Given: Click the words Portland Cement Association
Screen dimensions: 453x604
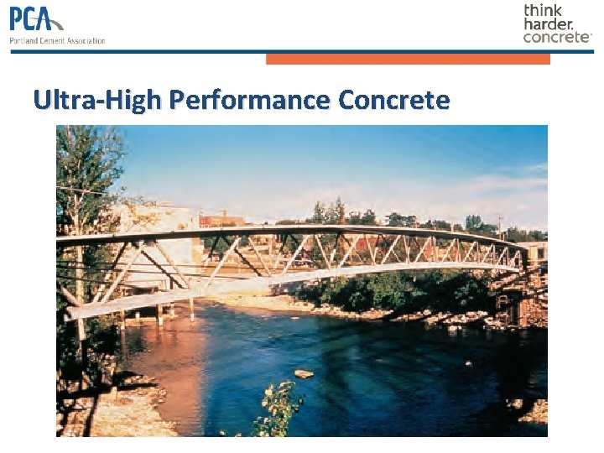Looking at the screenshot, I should click(57, 40).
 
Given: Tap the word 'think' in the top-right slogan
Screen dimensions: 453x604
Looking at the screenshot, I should click(543, 10).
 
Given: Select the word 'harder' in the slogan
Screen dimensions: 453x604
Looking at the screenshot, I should click(548, 23).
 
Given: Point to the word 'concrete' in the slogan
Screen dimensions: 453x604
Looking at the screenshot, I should click(556, 37).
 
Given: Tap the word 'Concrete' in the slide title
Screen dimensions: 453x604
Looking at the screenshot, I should click(394, 101).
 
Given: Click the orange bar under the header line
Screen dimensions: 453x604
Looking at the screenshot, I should click(408, 59).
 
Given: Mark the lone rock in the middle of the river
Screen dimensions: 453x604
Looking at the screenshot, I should click(304, 373).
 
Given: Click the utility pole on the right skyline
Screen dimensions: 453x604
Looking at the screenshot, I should click(500, 225).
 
